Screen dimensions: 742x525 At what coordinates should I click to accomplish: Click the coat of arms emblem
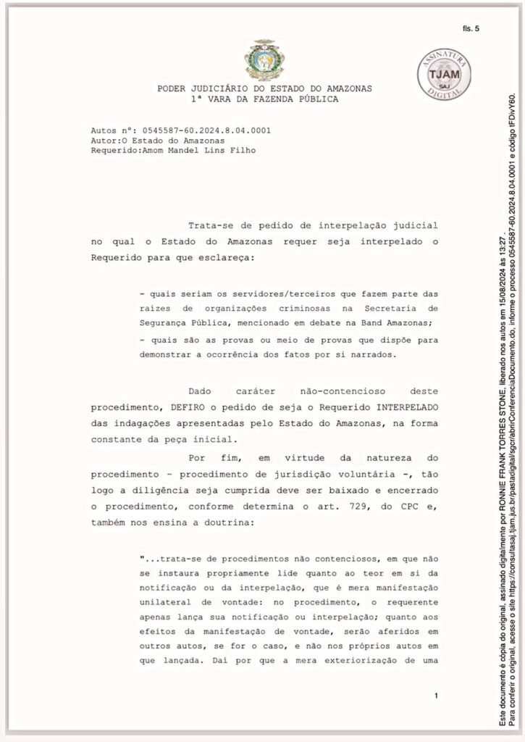click(x=264, y=59)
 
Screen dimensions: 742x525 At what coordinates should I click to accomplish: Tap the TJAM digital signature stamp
click(x=444, y=75)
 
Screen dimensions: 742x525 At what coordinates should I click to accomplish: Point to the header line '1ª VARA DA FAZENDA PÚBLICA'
click(x=264, y=99)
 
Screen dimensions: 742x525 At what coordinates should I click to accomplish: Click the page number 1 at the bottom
click(x=436, y=696)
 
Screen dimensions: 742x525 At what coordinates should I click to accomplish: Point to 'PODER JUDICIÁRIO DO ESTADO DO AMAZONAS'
click(x=264, y=88)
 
